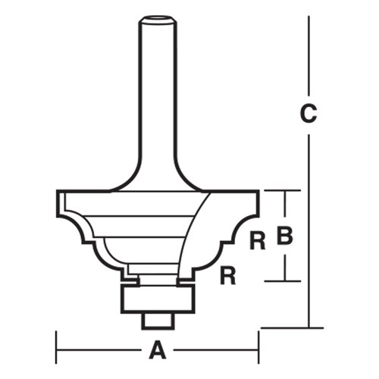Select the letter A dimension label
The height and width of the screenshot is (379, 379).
[157, 350]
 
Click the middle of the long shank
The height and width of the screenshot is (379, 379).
[158, 91]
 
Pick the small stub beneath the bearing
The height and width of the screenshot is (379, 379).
[158, 320]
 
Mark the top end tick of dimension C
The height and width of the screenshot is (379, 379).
[309, 17]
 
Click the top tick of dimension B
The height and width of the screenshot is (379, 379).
[285, 190]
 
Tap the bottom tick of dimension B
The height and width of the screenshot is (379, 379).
[285, 280]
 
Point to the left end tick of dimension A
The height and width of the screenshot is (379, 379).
[58, 350]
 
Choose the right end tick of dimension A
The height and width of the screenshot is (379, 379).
[259, 350]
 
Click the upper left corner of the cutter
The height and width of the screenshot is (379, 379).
[58, 192]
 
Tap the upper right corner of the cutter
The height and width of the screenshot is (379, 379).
[258, 192]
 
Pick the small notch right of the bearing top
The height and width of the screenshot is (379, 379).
[184, 282]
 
